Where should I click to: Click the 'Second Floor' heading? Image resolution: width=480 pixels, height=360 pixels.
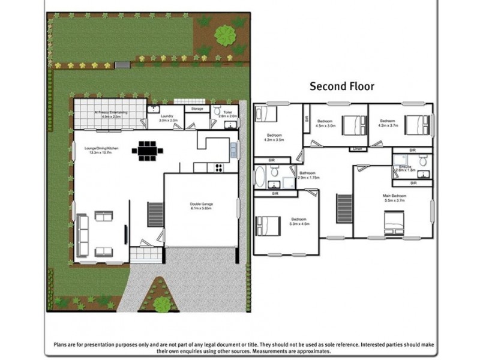(x=341, y=86)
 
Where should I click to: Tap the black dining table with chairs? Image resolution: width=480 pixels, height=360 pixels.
(x=147, y=151)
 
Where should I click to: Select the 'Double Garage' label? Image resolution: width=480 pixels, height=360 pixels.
(x=202, y=204)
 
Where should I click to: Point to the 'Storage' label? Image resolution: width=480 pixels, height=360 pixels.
(x=197, y=109)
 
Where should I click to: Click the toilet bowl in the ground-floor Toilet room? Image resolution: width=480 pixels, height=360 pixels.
(x=217, y=111)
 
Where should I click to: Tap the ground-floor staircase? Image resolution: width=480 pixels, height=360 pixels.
(x=155, y=214)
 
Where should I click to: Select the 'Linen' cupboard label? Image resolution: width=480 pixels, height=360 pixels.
(x=358, y=148)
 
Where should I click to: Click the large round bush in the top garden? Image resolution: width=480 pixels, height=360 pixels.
(x=225, y=35)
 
